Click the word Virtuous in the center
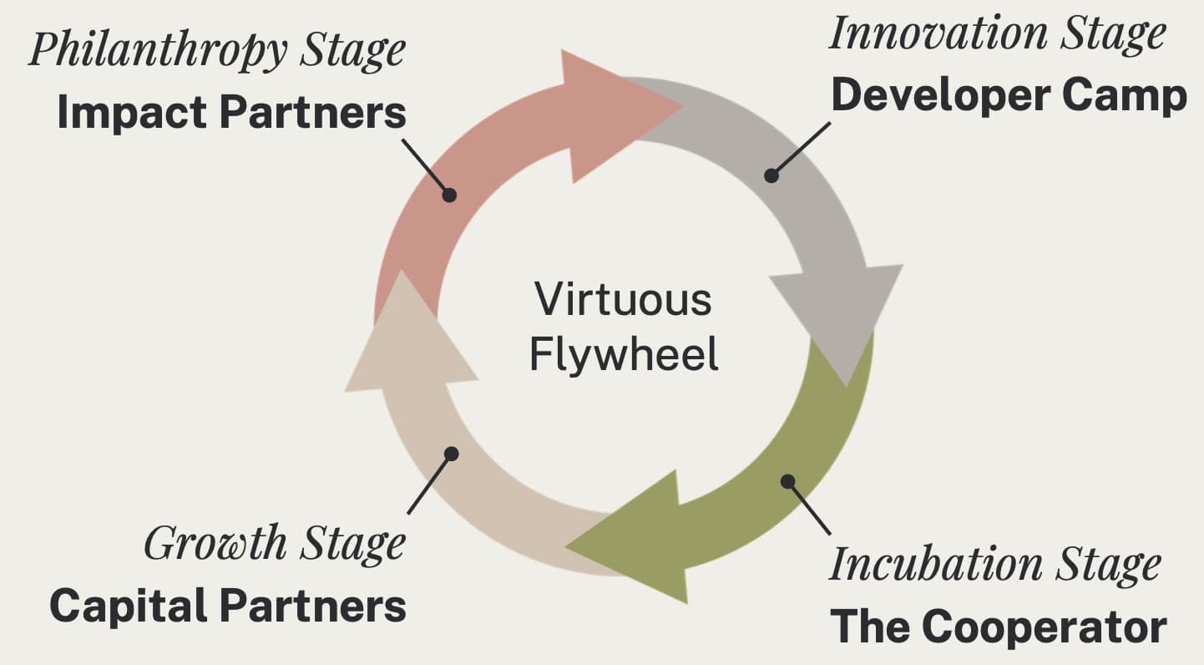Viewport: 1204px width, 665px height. coord(623,299)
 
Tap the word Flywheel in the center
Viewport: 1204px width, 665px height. coord(624,354)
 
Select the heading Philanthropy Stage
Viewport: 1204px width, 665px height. coord(217,50)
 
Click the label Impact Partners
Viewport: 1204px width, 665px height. coord(231,114)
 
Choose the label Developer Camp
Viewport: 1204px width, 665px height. coord(1009,96)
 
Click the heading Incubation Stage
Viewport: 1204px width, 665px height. coord(994,565)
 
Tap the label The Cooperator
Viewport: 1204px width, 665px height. coord(998,627)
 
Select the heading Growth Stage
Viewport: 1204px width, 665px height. coord(275,544)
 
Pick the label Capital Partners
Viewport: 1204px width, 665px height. coord(228,606)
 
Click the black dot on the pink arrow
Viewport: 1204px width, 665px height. coord(449,195)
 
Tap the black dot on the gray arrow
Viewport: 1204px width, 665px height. coord(771,175)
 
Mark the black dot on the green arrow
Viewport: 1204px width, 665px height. coord(787,481)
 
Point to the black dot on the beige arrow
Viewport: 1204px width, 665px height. coord(452,454)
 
